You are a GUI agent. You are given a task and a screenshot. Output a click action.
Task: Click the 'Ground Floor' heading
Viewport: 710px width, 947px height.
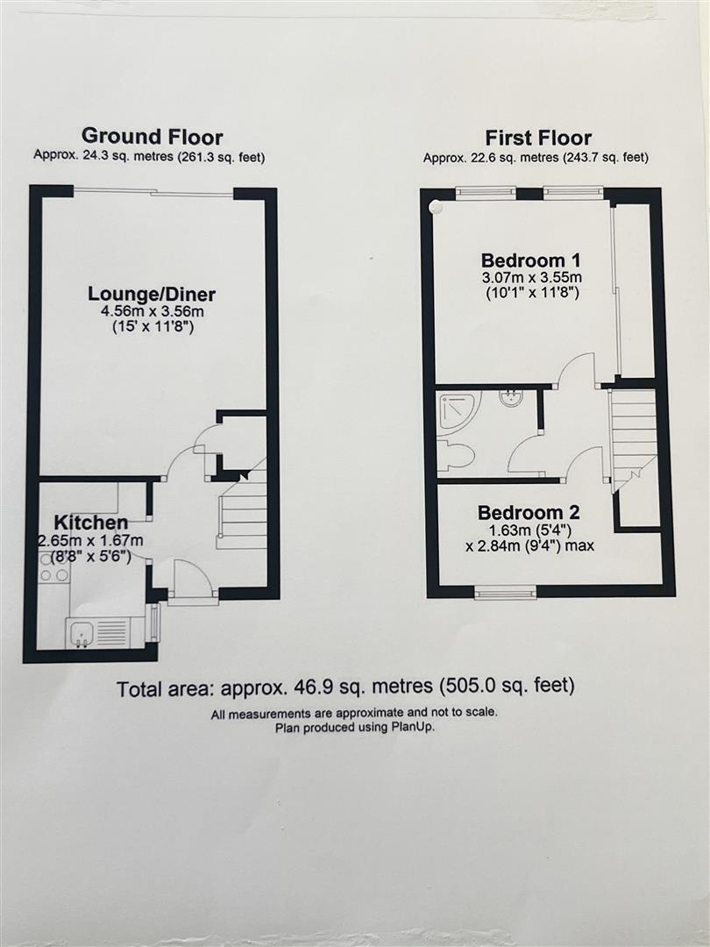click(x=152, y=137)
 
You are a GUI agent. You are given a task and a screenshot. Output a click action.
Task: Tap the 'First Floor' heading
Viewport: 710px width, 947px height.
click(x=538, y=138)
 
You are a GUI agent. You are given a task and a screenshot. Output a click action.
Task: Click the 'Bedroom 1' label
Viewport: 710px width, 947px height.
click(x=531, y=260)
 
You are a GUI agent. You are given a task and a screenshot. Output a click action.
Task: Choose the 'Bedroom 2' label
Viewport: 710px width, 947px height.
click(x=528, y=513)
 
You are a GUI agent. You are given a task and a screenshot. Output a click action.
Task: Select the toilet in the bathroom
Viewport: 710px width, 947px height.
click(x=456, y=455)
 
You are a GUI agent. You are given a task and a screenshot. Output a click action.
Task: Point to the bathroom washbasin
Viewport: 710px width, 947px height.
click(x=511, y=398)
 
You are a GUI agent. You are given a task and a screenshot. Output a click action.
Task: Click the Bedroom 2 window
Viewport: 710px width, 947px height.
click(x=505, y=594)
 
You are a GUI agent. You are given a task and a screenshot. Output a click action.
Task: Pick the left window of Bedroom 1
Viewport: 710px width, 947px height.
click(x=485, y=192)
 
